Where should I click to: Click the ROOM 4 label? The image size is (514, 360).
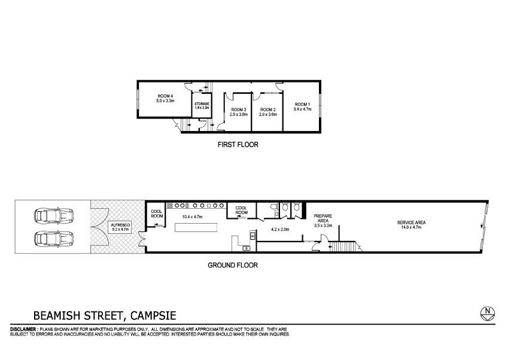[x=165, y=96]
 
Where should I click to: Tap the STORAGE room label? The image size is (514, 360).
[x=202, y=103]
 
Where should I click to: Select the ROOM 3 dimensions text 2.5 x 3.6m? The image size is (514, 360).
[x=238, y=115]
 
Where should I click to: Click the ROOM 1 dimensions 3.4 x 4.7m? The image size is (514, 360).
[x=302, y=109]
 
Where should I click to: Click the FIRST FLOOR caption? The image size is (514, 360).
[x=238, y=145]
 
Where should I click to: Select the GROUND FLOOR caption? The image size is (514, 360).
[x=233, y=265]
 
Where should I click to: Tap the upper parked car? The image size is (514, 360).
[x=54, y=215]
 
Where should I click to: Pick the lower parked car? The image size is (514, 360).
[x=54, y=239]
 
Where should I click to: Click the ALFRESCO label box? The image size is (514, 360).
[x=120, y=227]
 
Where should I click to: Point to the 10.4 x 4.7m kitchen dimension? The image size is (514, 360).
[x=192, y=216]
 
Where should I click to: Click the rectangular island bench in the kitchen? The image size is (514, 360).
[x=196, y=227]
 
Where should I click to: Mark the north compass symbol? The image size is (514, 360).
[x=488, y=314]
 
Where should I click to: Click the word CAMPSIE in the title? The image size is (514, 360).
[x=153, y=316]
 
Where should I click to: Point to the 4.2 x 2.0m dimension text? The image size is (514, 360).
[x=280, y=229]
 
